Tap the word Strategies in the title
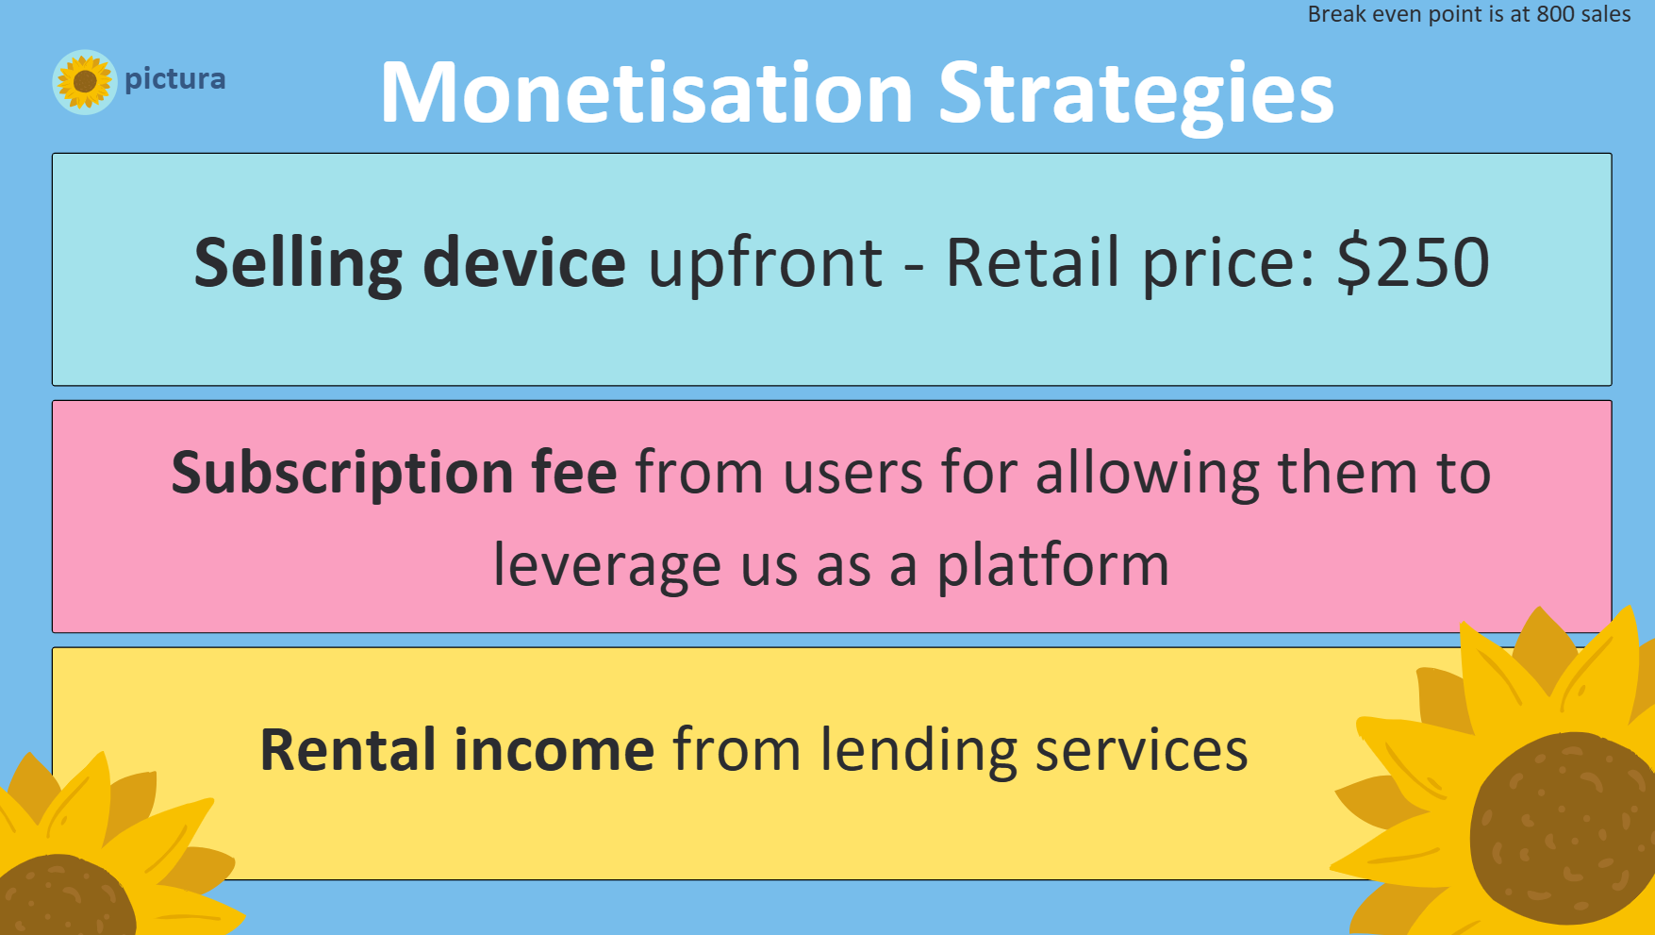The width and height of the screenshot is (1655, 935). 1136,95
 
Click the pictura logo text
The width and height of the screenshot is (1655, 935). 175,79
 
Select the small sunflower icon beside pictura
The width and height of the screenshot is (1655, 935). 84,82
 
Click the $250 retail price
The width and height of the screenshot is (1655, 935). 1413,262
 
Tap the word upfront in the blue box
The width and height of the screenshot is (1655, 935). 766,264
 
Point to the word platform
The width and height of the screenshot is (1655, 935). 1052,566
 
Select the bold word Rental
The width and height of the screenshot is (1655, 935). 348,750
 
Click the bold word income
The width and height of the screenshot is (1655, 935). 554,750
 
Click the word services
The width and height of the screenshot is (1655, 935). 1142,751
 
